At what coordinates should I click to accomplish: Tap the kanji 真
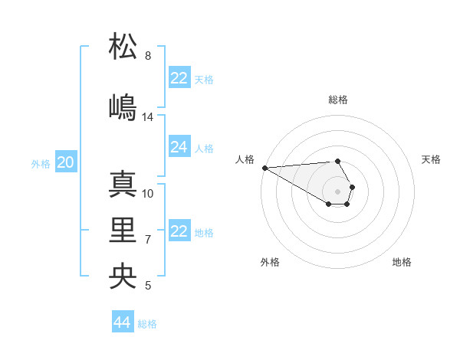point(123,185)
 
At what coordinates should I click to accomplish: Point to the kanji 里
point(123,230)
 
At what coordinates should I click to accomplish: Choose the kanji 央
point(123,276)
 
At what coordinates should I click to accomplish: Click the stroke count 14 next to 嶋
point(148,117)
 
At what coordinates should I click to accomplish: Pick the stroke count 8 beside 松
point(148,56)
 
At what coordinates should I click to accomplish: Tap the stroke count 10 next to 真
point(148,193)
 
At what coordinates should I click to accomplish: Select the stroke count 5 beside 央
point(148,286)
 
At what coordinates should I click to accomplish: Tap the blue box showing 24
point(179,147)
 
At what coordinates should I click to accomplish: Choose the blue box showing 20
point(66,162)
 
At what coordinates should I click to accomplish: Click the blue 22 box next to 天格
point(179,78)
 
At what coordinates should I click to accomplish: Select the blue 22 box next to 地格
point(179,231)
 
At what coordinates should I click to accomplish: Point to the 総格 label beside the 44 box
point(147,324)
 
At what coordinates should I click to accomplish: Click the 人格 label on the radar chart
point(245,159)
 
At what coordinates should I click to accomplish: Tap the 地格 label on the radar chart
point(402,262)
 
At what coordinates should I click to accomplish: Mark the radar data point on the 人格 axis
point(264,168)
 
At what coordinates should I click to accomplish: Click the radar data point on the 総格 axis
point(337,161)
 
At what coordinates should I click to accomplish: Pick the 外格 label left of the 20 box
point(41,163)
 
